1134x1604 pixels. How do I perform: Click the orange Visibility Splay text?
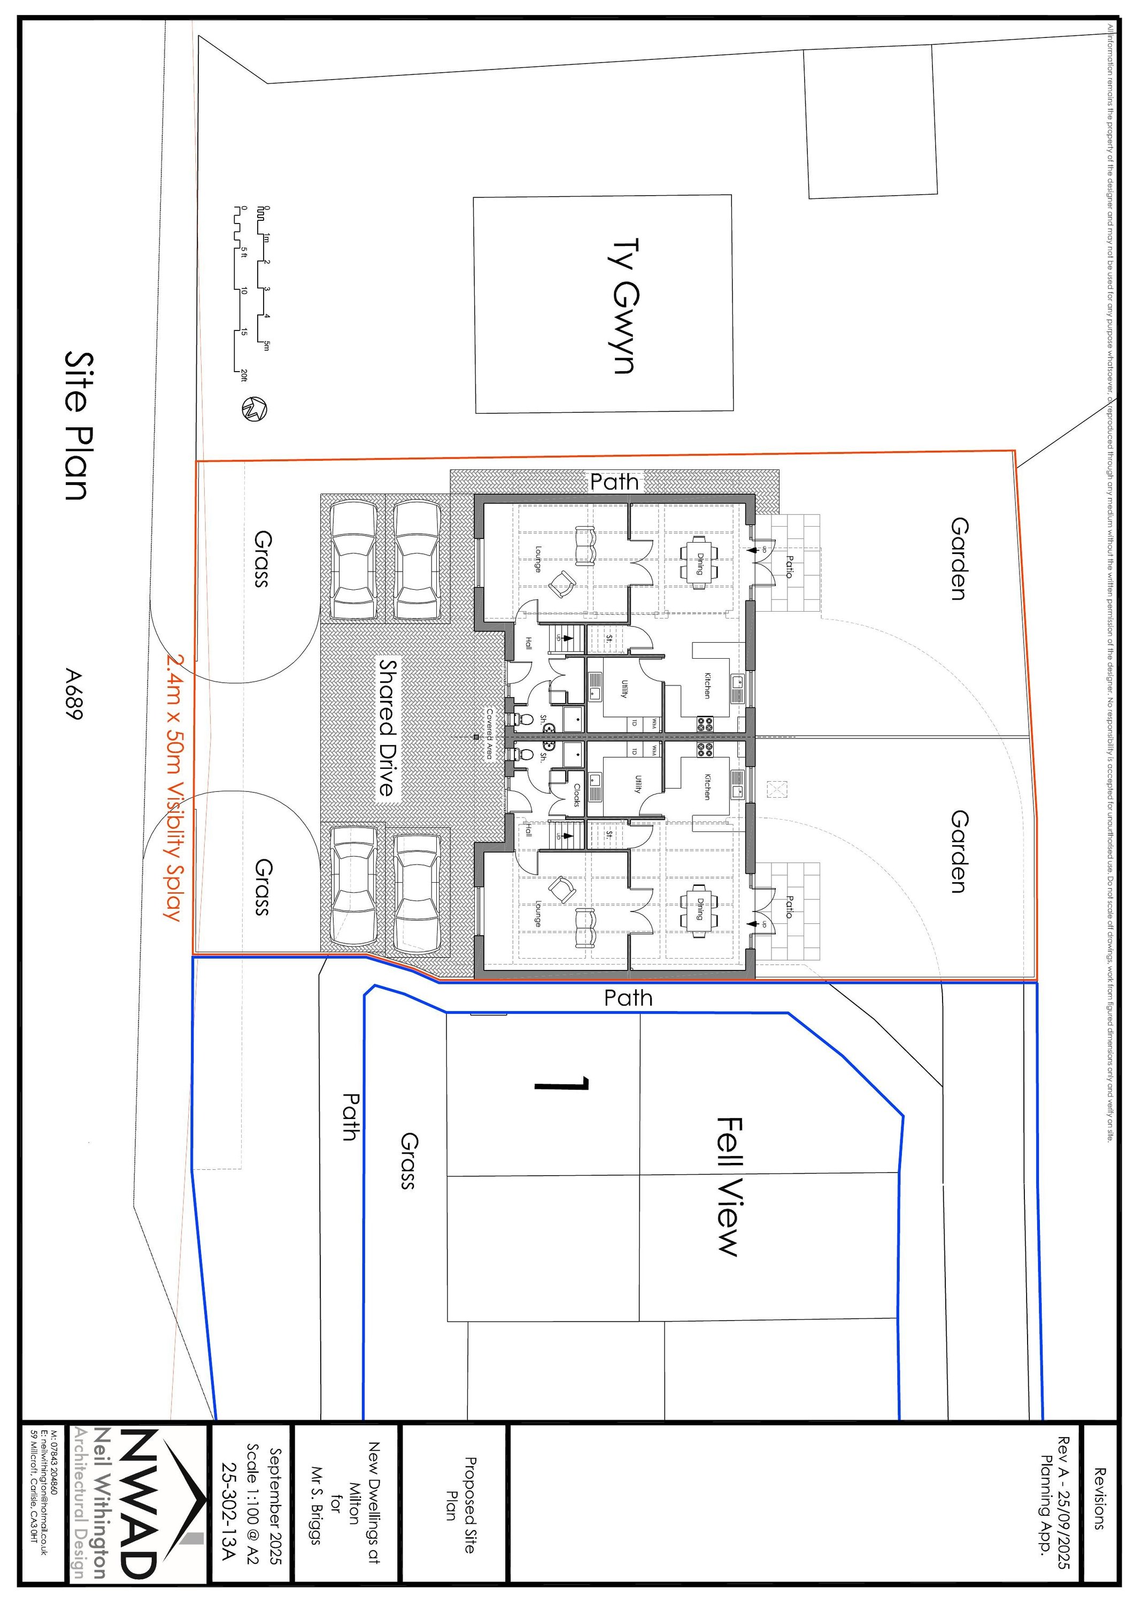click(173, 788)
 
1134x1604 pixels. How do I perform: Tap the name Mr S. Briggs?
click(314, 1509)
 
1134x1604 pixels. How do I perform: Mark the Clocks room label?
click(577, 795)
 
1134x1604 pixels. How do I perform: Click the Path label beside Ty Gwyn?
click(614, 481)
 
